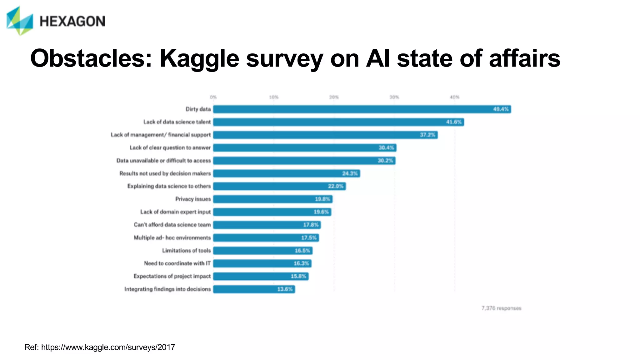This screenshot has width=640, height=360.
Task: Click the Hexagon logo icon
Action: coord(20,21)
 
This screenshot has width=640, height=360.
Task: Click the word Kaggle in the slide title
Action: coord(199,58)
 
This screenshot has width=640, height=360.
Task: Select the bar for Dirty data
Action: coord(362,109)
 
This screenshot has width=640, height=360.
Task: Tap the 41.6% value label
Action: coord(454,122)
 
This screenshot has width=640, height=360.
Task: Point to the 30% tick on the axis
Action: coord(394,97)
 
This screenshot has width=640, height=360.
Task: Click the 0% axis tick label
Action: coord(213,97)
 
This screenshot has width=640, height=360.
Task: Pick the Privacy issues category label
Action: coord(193,199)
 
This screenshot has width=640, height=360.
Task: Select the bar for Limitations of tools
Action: coord(262,251)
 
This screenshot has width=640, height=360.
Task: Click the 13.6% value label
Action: coord(285,289)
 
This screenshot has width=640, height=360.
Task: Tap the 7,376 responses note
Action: coord(501,308)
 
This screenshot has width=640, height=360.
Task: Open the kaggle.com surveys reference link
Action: coord(108,347)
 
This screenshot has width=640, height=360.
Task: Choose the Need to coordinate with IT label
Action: coord(177,263)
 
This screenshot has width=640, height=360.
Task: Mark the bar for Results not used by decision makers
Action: coord(286,173)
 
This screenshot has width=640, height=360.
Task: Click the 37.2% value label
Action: coord(427,135)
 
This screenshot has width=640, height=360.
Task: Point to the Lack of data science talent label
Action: coord(177,122)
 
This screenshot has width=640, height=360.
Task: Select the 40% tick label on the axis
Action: coord(454,97)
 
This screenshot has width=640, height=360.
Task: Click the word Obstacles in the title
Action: coord(91,58)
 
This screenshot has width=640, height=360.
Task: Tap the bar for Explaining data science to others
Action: coord(279,186)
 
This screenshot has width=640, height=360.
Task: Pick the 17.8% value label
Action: coord(311,225)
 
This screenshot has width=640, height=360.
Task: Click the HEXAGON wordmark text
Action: coord(72,21)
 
